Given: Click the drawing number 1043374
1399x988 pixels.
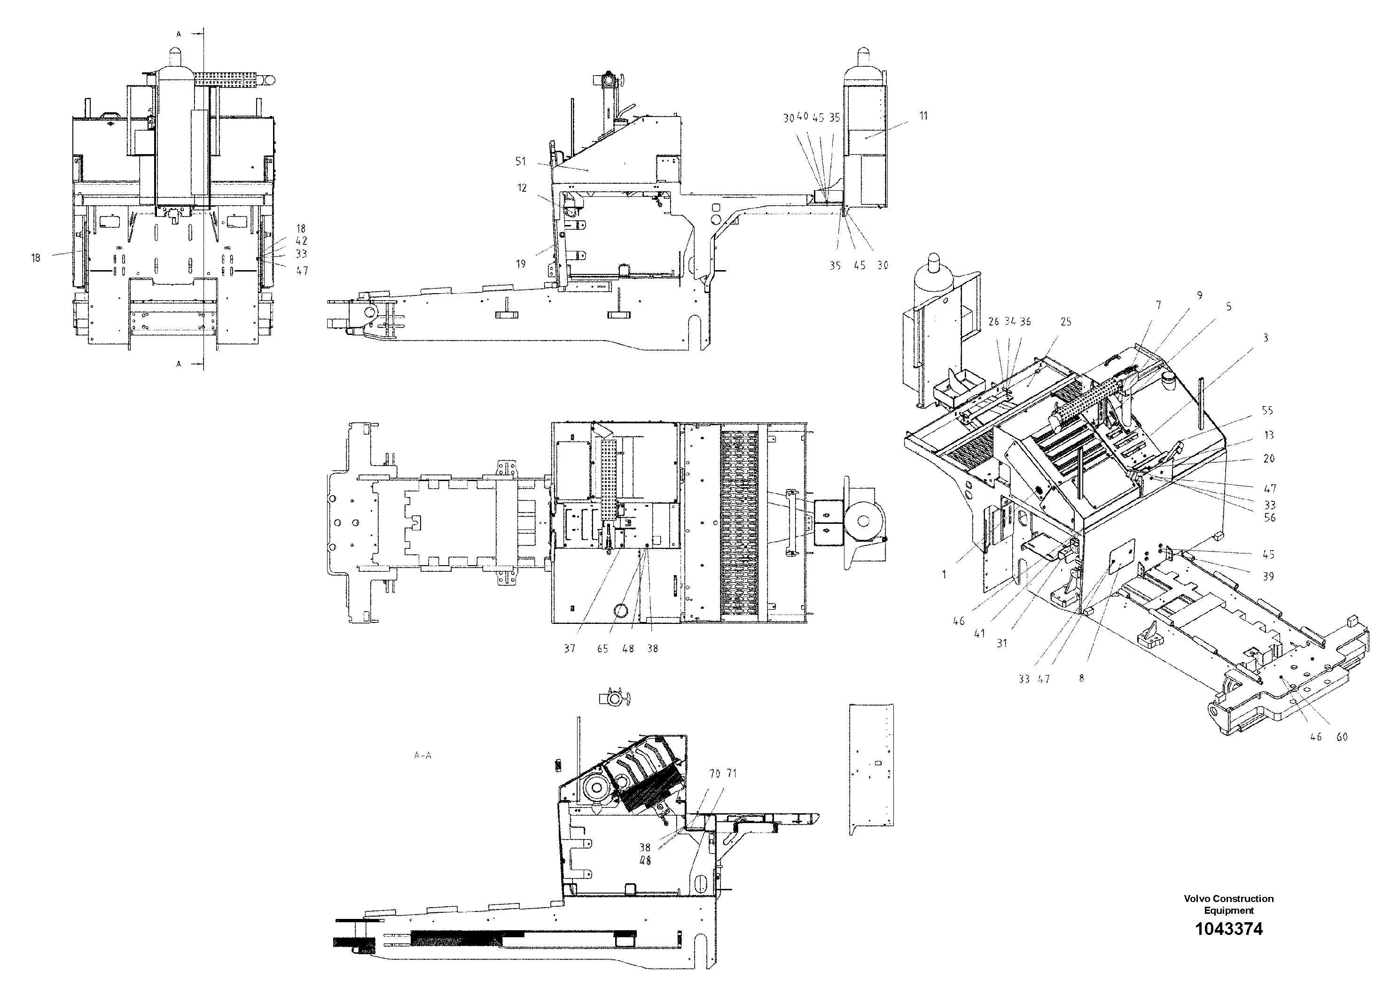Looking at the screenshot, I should pyautogui.click(x=1228, y=946).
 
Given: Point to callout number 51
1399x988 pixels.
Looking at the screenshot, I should pyautogui.click(x=520, y=162).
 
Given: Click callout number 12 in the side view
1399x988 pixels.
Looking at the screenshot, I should pyautogui.click(x=522, y=188).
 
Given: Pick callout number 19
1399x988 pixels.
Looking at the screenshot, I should pyautogui.click(x=520, y=264).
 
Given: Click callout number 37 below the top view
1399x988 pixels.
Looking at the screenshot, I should pyautogui.click(x=569, y=649).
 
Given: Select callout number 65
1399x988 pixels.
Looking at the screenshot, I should pyautogui.click(x=602, y=649).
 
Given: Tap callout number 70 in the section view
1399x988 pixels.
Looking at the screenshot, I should pyautogui.click(x=715, y=774).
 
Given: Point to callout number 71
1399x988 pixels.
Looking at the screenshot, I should pyautogui.click(x=731, y=774).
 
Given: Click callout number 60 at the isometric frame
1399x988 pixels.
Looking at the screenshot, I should pyautogui.click(x=1342, y=737).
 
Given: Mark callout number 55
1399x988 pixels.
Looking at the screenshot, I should pyautogui.click(x=1267, y=411).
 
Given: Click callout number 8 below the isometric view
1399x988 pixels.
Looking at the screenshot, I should pyautogui.click(x=1081, y=678).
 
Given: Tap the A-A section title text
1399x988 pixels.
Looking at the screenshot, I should pyautogui.click(x=422, y=755).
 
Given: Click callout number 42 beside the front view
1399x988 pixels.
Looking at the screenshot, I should pyautogui.click(x=302, y=241).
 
